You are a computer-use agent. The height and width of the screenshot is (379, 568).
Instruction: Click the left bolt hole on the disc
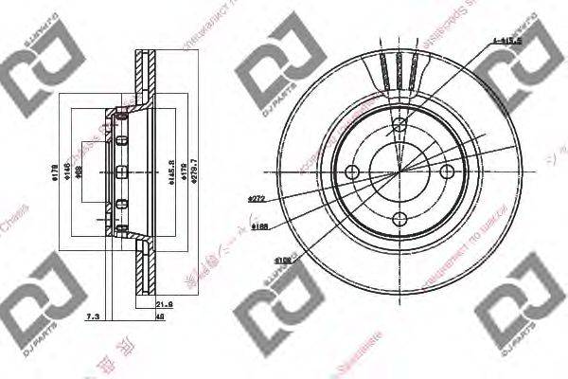click(x=353, y=171)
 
